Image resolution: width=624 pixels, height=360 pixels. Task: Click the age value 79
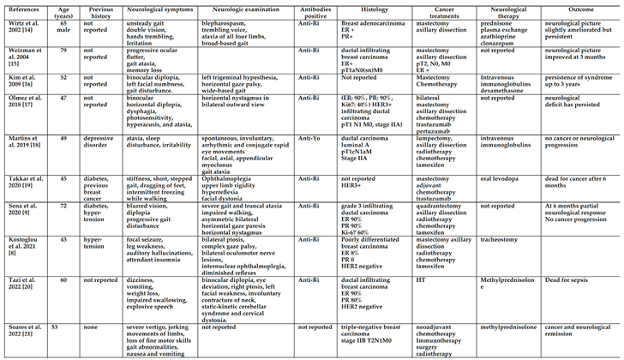coord(61,52)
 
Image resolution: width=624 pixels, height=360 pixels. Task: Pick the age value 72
coord(61,207)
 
